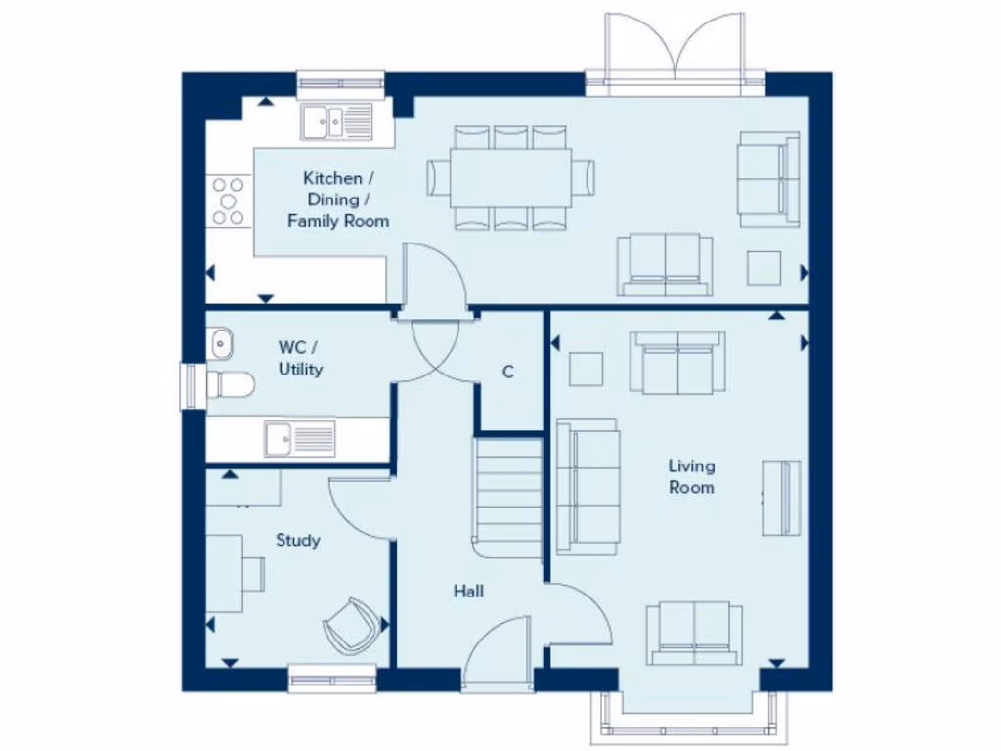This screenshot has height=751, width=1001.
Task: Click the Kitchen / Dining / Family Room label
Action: click(x=337, y=199)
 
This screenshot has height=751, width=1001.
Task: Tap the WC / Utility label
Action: click(x=299, y=358)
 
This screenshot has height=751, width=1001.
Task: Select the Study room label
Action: click(x=297, y=540)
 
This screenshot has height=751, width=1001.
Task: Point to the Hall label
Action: click(x=467, y=592)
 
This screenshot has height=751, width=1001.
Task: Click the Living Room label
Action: click(x=690, y=476)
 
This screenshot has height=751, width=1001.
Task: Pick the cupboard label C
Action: click(x=508, y=373)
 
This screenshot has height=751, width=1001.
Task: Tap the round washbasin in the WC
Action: click(x=220, y=343)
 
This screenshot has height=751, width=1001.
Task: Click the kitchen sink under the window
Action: click(x=337, y=122)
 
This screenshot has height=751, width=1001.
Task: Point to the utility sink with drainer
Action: click(x=299, y=437)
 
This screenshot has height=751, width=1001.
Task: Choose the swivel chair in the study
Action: click(x=352, y=623)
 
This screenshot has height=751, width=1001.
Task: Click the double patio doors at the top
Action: click(x=675, y=54)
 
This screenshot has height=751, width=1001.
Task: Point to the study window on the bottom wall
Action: click(x=333, y=677)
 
